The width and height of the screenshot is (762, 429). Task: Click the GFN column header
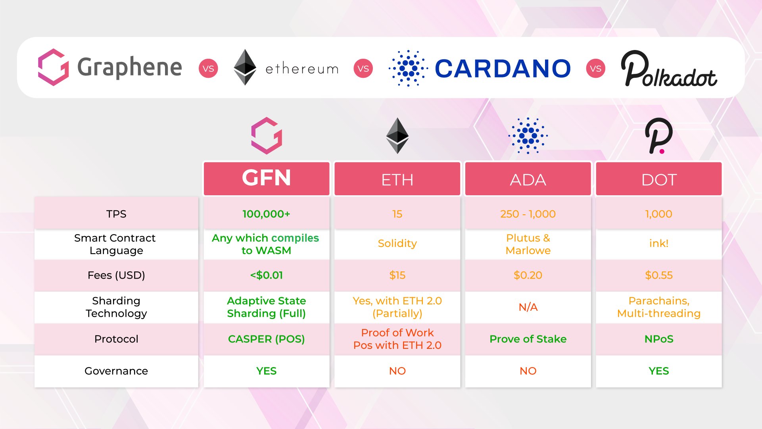coord(267,179)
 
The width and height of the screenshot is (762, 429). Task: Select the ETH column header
coord(397,179)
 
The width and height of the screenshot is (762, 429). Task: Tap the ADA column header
coord(528,179)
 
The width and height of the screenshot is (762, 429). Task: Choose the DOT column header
coord(659,179)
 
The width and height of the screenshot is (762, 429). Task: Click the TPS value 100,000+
coord(267,214)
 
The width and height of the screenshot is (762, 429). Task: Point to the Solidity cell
coord(397,243)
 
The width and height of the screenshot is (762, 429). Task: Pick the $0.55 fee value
coord(659,275)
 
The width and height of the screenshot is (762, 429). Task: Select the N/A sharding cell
coord(528,307)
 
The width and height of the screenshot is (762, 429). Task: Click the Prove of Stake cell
coord(528,339)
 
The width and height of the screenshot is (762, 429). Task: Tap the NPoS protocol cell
coord(659,339)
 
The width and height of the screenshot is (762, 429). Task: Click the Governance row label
coord(116,371)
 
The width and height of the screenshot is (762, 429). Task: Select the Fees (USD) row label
coord(116,275)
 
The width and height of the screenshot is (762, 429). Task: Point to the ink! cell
coord(659,243)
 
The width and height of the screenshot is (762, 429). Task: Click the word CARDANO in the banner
coord(503,69)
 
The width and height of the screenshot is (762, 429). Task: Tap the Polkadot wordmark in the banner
coord(669,69)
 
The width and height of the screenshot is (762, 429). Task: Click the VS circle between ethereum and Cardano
coord(363,69)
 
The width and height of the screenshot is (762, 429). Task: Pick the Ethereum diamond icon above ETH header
coord(397,136)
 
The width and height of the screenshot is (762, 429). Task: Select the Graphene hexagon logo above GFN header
coord(267,136)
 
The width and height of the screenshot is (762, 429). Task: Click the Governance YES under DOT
coord(659,371)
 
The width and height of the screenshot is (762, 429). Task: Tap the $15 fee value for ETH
coord(397,275)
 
